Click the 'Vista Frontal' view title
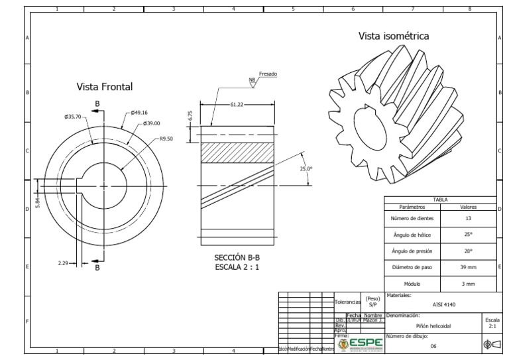coord(105,87)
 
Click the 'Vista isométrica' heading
coord(394,36)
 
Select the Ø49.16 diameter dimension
coord(140,113)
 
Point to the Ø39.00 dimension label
coord(151,123)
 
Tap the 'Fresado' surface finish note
coord(268,74)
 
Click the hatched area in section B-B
coord(237,153)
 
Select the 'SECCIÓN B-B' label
coord(237,257)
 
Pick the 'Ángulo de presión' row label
coord(412,251)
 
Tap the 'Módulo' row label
coord(412,283)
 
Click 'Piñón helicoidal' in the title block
coord(433,326)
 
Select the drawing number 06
coord(433,346)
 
